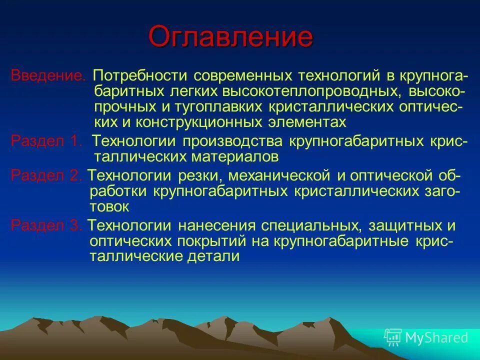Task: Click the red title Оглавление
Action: coord(230,37)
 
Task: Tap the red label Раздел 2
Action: coord(46,175)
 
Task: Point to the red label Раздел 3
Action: coord(46,225)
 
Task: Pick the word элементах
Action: coord(305,122)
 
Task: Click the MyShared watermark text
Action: coord(436,337)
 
